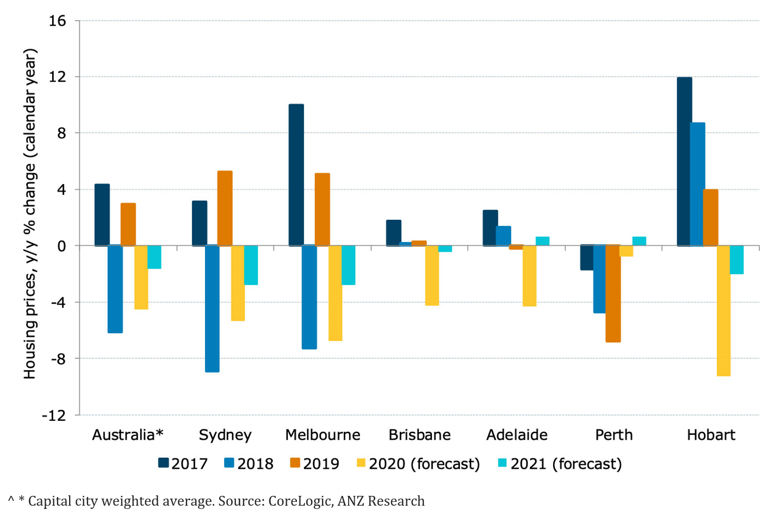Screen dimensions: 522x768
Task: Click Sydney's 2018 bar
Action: click(212, 309)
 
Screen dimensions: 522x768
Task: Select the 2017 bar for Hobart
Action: click(684, 162)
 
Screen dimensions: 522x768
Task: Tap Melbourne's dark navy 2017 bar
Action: click(296, 175)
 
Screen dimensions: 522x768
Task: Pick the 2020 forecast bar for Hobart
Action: click(723, 310)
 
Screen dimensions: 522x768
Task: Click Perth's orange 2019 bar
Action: click(613, 293)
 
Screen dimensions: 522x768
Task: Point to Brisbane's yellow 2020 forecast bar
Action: click(432, 275)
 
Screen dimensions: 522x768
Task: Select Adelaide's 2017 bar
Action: click(490, 228)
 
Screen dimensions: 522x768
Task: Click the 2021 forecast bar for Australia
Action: click(154, 257)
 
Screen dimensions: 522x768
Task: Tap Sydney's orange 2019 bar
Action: click(225, 208)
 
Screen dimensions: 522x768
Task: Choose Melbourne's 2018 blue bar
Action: click(309, 297)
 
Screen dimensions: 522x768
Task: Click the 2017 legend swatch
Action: click(163, 463)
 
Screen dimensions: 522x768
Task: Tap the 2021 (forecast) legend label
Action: click(566, 464)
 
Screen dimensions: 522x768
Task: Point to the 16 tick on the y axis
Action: click(57, 21)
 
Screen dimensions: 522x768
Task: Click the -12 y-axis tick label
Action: click(54, 415)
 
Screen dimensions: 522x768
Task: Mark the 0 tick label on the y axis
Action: click(61, 246)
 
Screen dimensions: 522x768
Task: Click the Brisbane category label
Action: click(419, 435)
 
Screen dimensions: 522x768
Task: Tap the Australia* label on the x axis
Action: click(128, 435)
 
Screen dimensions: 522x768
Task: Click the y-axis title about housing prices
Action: click(29, 214)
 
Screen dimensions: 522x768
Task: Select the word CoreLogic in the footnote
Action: click(300, 501)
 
